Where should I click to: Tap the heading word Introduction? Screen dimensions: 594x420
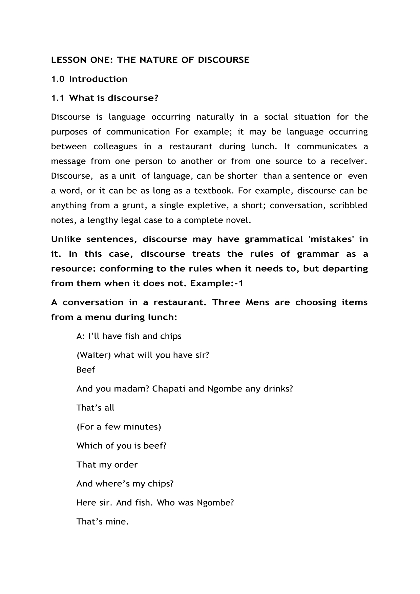98,79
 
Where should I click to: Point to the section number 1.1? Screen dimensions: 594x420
57,98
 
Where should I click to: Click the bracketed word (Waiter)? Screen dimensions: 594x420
94,355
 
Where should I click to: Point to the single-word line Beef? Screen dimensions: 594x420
86,369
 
